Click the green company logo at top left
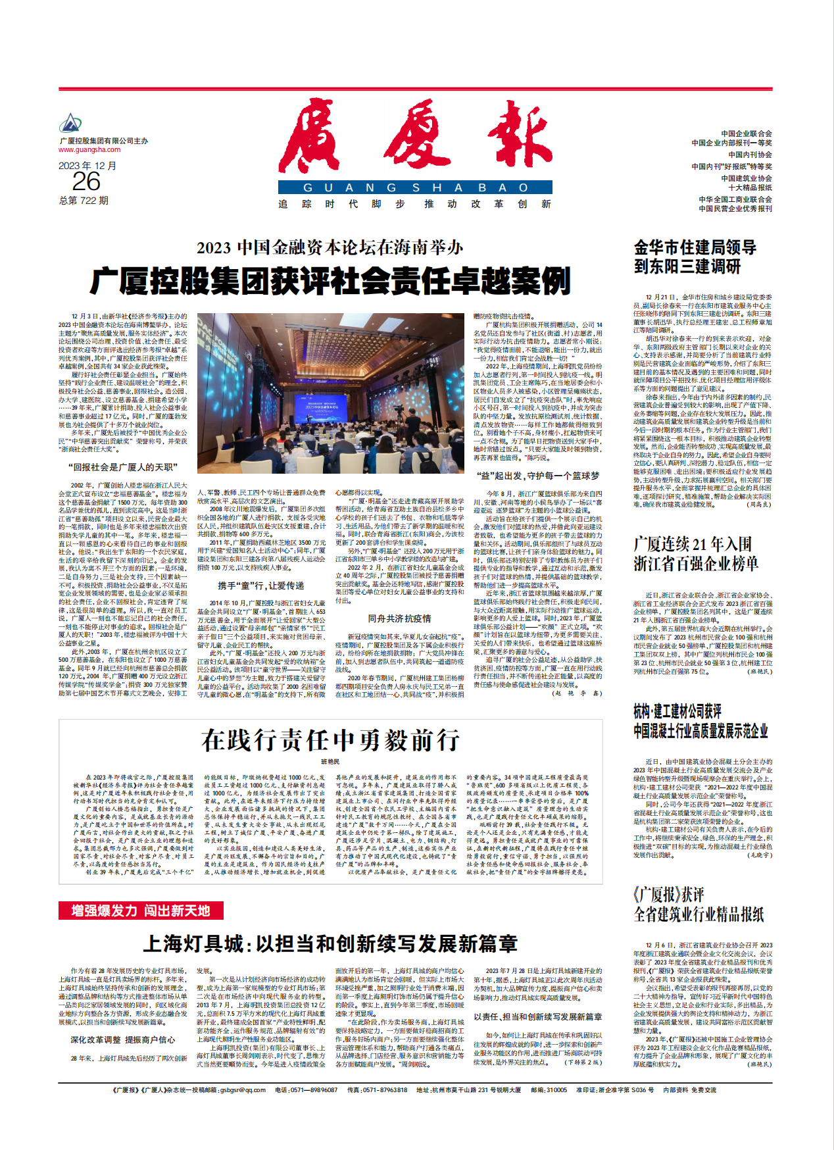(70, 123)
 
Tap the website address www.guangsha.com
(89, 150)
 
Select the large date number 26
(86, 182)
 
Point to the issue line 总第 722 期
(84, 201)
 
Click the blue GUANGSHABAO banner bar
(414, 187)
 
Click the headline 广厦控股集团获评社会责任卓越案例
(330, 282)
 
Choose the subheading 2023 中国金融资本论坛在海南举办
(330, 248)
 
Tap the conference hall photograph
(330, 393)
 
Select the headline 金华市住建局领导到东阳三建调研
(695, 257)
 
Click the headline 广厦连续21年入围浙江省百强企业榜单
(695, 554)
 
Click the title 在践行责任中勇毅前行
(330, 740)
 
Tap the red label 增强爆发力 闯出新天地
(141, 911)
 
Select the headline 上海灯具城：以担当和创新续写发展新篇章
(330, 944)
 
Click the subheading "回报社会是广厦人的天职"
(122, 467)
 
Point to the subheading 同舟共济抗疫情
(399, 618)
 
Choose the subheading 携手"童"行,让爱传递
(261, 586)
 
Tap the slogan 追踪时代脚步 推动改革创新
(414, 204)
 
